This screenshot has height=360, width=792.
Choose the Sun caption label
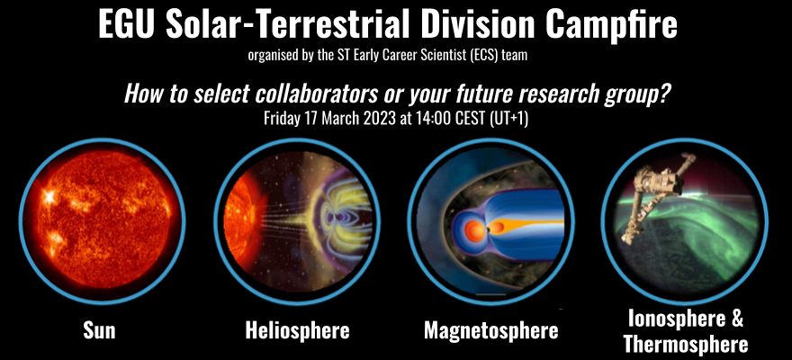[x=99, y=331]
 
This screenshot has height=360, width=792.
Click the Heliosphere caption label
[x=297, y=331]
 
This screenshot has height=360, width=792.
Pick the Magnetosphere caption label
[x=491, y=331]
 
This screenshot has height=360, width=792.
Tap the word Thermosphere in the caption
[x=686, y=343]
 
